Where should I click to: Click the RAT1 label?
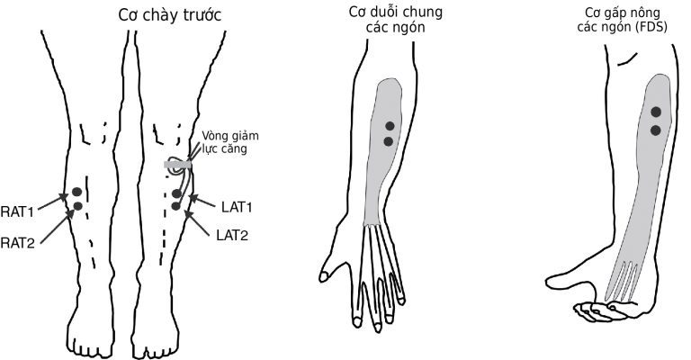(x=17, y=211)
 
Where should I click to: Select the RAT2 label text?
(x=18, y=243)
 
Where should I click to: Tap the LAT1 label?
(x=237, y=207)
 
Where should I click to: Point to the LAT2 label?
(x=232, y=235)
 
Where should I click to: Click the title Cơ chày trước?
(x=170, y=16)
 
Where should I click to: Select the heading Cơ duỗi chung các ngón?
(x=396, y=20)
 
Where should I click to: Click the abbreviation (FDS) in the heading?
(x=651, y=27)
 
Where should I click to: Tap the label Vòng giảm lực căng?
(x=230, y=142)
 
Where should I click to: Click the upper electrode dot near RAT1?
(x=77, y=192)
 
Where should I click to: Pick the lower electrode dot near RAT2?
(x=78, y=206)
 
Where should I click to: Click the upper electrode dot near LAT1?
(x=176, y=193)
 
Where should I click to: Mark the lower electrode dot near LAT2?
(x=175, y=206)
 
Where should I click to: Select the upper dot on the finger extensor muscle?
(x=390, y=126)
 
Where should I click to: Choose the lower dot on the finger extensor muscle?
(x=389, y=141)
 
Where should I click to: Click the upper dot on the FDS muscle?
(x=656, y=112)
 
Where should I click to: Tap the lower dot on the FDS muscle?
(x=656, y=130)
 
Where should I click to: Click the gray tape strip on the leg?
(x=177, y=165)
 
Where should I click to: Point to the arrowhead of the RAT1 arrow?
(x=65, y=196)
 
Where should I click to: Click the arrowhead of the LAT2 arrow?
(x=188, y=214)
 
